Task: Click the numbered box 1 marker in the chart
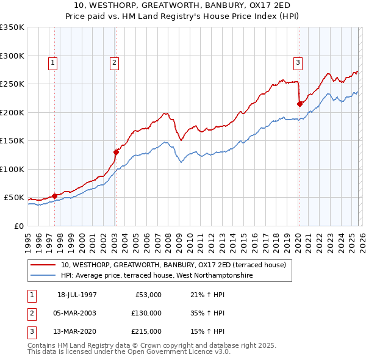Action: [52, 62]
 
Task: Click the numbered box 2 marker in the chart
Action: [114, 62]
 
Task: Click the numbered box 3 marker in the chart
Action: [298, 62]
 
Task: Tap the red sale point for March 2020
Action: [300, 104]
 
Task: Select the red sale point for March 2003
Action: [116, 152]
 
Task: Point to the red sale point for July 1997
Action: [55, 196]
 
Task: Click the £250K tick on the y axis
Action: [12, 84]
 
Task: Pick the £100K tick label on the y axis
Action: [12, 169]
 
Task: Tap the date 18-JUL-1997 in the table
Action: [77, 295]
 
